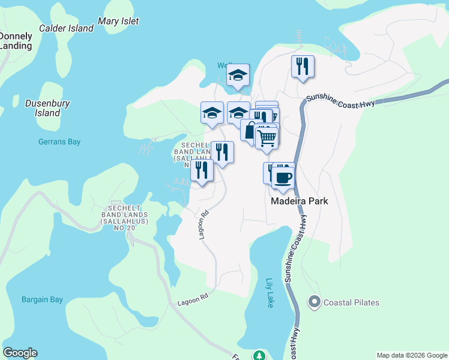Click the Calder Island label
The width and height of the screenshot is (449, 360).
coord(66,28)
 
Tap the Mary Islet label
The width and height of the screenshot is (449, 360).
coord(118,21)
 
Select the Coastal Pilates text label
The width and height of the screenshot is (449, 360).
coord(351,302)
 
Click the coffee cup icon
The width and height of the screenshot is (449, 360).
coord(283,177)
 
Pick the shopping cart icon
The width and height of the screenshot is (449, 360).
coord(267,138)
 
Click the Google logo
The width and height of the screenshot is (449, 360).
coord(20,353)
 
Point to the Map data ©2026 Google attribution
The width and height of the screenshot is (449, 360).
coord(412,355)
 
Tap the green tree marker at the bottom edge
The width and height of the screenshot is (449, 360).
coord(259,355)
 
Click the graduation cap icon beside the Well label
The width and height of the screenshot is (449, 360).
coord(238,75)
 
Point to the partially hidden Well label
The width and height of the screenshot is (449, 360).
coord(224,65)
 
